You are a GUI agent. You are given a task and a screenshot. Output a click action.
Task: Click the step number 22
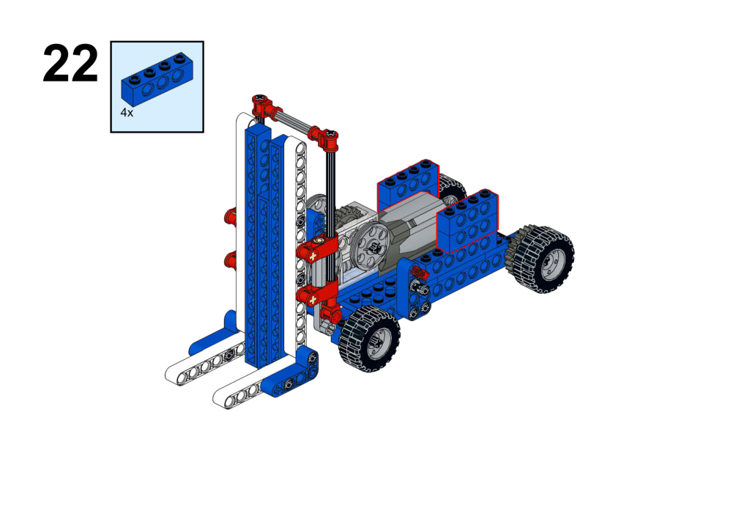pyautogui.click(x=70, y=64)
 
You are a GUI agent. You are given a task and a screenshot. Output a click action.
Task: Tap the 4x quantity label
pyautogui.click(x=127, y=113)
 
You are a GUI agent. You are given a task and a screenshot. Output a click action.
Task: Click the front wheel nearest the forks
pyautogui.click(x=369, y=338)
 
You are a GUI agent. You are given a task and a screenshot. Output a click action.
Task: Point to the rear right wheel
pyautogui.click(x=545, y=259)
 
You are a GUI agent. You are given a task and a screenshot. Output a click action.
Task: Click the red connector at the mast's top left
pyautogui.click(x=263, y=106)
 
